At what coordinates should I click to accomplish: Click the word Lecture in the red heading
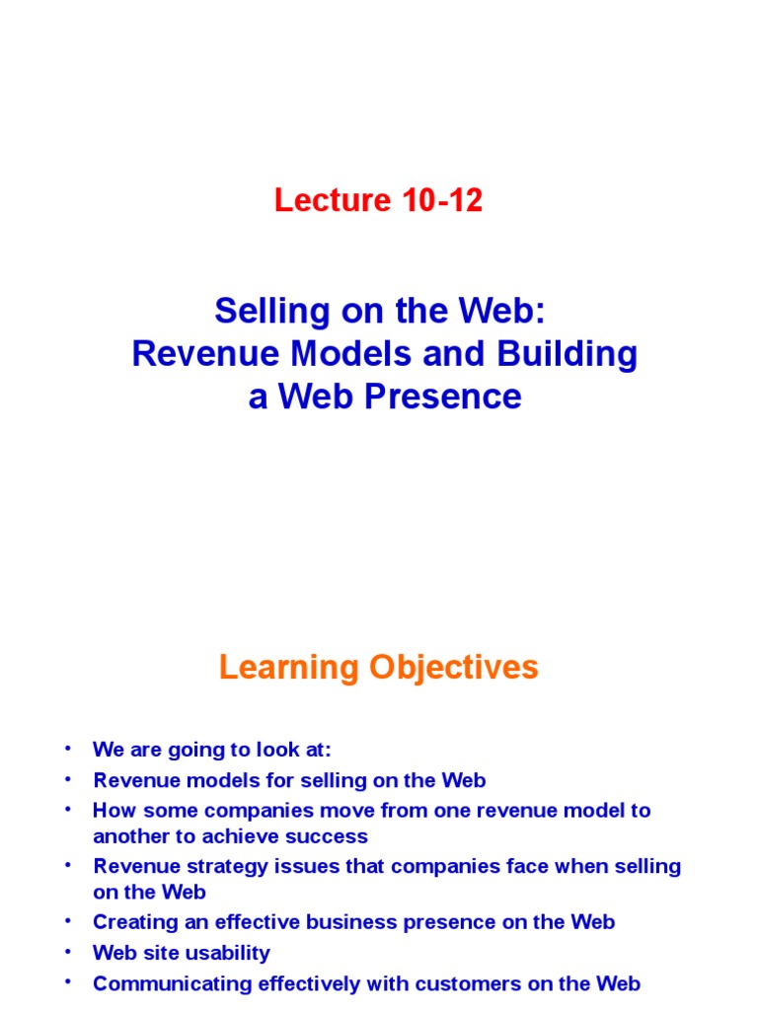click(x=333, y=199)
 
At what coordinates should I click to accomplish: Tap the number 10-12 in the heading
click(x=441, y=199)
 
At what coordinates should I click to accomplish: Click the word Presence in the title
click(x=443, y=397)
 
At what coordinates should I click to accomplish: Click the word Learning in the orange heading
click(x=289, y=668)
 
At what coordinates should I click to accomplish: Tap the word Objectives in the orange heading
click(x=454, y=668)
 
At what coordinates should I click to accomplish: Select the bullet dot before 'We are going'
click(x=68, y=748)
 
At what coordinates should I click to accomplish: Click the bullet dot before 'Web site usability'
click(x=68, y=951)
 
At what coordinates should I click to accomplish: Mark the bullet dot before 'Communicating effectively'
click(x=68, y=981)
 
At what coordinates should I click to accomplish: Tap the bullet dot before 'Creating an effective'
click(x=68, y=920)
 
